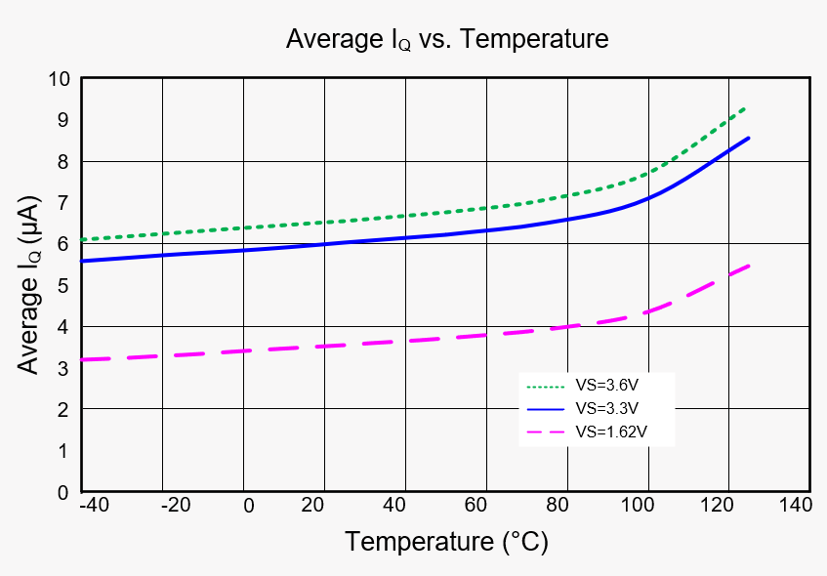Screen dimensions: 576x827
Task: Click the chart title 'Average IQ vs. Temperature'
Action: click(446, 39)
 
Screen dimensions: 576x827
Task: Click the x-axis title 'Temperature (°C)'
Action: click(445, 541)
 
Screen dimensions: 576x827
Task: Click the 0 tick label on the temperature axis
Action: click(248, 505)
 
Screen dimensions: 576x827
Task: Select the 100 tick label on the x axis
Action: click(640, 505)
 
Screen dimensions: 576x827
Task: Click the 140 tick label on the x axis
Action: click(796, 505)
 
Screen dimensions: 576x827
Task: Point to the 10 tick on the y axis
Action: click(59, 79)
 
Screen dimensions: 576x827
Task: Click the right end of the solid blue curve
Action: click(749, 138)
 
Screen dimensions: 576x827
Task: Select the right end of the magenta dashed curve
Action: click(749, 266)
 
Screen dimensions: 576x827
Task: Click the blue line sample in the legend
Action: click(545, 407)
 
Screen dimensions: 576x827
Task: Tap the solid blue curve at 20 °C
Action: click(323, 244)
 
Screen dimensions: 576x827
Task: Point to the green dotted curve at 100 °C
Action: click(647, 176)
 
